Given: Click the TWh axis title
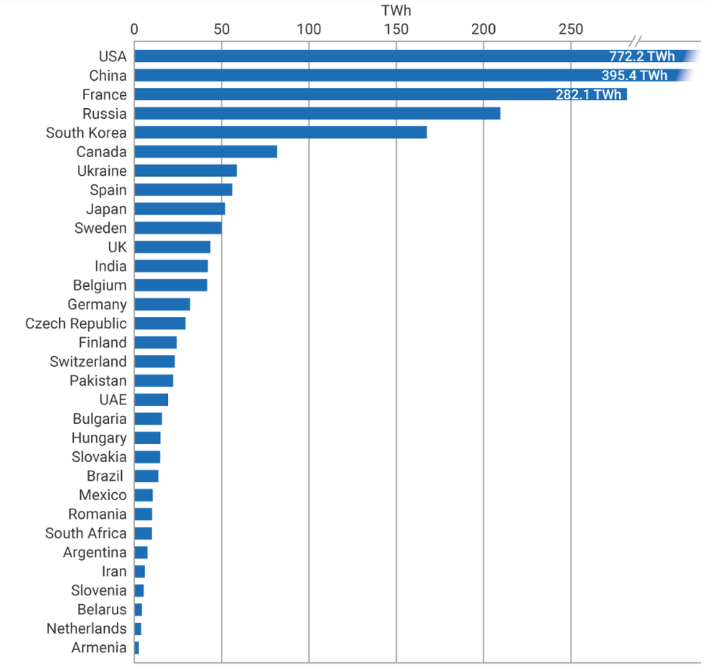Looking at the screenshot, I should tap(395, 11).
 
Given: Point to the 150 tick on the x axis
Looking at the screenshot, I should tap(396, 30).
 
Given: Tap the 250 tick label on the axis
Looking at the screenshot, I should tap(571, 30).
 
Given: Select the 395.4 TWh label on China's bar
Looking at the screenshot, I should tap(634, 76).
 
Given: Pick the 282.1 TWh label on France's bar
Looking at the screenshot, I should tap(588, 95).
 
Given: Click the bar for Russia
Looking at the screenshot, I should tap(317, 114).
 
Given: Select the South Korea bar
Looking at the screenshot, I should tap(280, 133).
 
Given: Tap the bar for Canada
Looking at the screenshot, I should tap(206, 152).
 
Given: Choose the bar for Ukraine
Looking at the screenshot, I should tap(185, 171).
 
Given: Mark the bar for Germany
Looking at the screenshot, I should tap(162, 304).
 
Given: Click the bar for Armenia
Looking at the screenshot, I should tap(136, 648).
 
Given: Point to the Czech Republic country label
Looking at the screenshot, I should tap(76, 324).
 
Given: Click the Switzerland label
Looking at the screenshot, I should tap(88, 362).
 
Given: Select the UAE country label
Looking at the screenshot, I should tap(113, 400).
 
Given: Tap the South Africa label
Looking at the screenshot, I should tap(86, 533).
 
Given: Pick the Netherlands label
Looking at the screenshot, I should tap(87, 628).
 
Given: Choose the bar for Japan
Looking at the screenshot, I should tap(180, 209).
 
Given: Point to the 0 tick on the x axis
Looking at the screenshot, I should tap(134, 30).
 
